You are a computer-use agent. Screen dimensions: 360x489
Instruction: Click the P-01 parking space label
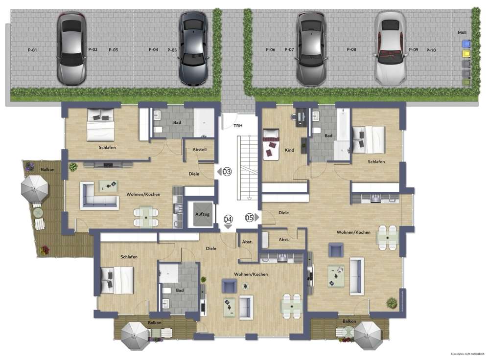tap(32, 50)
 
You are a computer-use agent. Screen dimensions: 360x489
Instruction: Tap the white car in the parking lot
tap(390, 48)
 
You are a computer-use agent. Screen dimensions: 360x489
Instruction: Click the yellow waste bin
tap(466, 53)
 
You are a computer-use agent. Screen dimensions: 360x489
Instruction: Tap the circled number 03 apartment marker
tap(227, 172)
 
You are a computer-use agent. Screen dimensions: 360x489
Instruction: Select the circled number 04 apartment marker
tap(228, 219)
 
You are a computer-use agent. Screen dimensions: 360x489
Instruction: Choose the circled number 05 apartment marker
tap(250, 218)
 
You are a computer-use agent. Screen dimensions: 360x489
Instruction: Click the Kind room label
tap(289, 150)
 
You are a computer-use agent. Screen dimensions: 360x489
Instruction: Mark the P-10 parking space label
tap(431, 50)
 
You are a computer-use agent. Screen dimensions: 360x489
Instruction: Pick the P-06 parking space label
tap(270, 50)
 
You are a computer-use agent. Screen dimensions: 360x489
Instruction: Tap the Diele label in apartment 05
tap(283, 213)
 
